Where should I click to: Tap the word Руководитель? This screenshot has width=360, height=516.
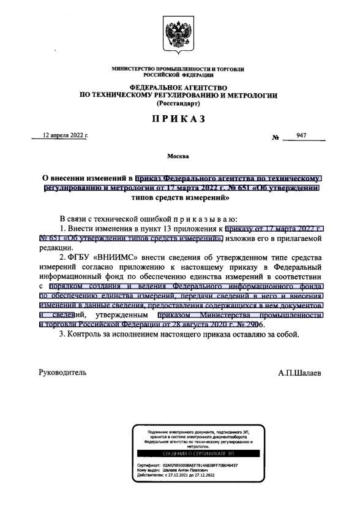(x=62, y=372)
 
